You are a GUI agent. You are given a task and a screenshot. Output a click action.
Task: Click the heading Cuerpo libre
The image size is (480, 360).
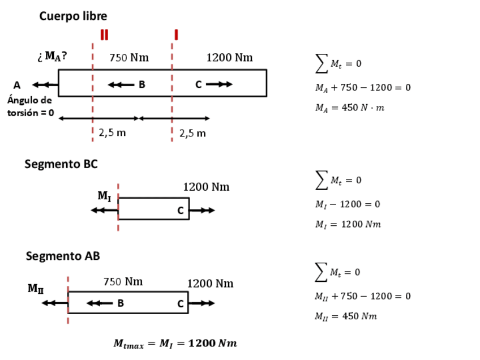pyautogui.click(x=73, y=16)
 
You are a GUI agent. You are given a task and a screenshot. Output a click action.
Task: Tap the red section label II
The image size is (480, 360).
pyautogui.click(x=104, y=35)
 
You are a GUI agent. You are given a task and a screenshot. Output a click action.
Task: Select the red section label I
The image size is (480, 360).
pyautogui.click(x=176, y=35)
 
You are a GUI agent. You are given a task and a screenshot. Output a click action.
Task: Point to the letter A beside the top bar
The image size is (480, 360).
pyautogui.click(x=17, y=85)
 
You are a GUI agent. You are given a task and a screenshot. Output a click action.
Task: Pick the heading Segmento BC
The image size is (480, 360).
pyautogui.click(x=61, y=164)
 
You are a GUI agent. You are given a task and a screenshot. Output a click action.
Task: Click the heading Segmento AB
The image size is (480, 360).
pyautogui.click(x=63, y=256)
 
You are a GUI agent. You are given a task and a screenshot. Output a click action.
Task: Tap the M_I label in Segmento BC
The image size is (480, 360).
pyautogui.click(x=104, y=196)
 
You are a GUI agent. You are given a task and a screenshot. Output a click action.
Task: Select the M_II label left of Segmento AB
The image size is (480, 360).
pyautogui.click(x=35, y=288)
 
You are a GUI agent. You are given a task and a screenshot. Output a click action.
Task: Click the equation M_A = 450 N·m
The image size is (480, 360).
pyautogui.click(x=349, y=108)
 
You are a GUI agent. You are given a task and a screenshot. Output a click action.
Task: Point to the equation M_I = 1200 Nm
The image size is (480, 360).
pyautogui.click(x=348, y=224)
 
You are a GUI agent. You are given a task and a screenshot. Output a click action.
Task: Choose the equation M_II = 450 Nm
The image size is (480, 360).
pyautogui.click(x=345, y=316)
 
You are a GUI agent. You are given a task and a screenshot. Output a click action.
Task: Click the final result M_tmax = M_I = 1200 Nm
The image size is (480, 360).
pyautogui.click(x=175, y=344)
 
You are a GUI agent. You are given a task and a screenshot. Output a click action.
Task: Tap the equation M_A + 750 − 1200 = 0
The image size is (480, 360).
pyautogui.click(x=362, y=88)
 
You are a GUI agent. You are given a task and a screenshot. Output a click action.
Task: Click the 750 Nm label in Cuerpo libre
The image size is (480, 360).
pyautogui.click(x=128, y=57)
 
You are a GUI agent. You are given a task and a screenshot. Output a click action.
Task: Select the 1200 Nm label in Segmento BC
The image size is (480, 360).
pyautogui.click(x=206, y=187)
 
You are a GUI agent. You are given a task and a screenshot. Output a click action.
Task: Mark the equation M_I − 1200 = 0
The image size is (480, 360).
pyautogui.click(x=347, y=204)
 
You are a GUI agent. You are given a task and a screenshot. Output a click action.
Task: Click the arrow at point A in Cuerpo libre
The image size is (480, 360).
pyautogui.click(x=45, y=85)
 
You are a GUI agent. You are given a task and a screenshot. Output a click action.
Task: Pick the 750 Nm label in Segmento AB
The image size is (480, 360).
pyautogui.click(x=123, y=281)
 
